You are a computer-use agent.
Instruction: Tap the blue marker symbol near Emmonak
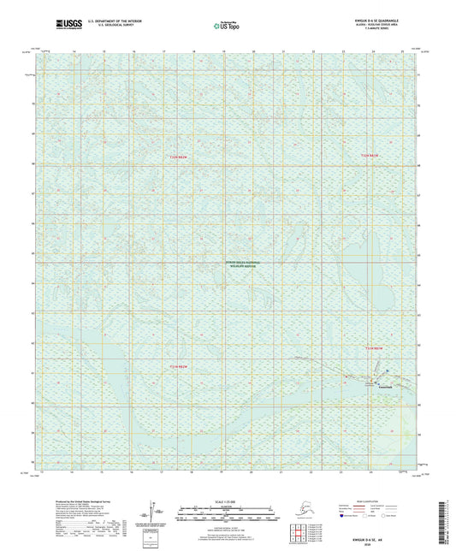coord(387,370)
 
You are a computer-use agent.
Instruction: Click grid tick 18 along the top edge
coord(195,52)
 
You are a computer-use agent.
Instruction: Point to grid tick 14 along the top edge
coord(75,52)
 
